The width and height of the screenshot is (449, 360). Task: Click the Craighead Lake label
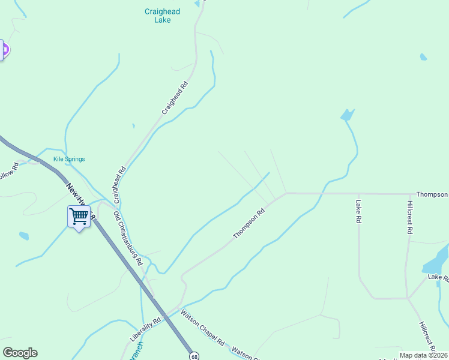tap(162, 16)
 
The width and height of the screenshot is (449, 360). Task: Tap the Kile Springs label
tap(69, 159)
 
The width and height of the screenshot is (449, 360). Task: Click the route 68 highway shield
tap(194, 356)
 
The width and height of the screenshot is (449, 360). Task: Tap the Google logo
tap(20, 353)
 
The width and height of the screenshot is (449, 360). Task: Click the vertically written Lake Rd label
tap(358, 212)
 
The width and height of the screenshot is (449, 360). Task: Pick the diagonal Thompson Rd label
tap(249, 223)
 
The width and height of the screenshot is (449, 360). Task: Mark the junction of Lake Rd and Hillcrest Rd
tap(408, 298)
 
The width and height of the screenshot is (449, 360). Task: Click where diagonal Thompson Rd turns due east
tap(286, 193)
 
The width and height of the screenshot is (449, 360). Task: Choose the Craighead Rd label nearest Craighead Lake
tap(175, 99)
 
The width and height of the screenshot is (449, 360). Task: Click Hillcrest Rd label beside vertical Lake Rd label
tap(409, 218)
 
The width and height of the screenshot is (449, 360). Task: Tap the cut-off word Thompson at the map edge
tap(432, 194)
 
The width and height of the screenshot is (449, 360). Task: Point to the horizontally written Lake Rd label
tap(438, 277)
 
